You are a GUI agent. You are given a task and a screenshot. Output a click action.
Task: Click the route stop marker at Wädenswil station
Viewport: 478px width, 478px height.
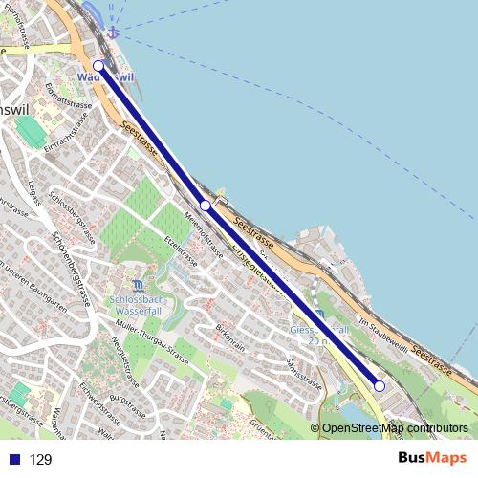pos(98,66)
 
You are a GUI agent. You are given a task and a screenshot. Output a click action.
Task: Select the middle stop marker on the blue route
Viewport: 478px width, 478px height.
pos(205,206)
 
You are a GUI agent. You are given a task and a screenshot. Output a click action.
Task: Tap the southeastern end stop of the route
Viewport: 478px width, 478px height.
pos(379,386)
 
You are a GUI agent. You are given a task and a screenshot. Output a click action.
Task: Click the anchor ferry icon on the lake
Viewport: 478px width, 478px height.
pos(113,33)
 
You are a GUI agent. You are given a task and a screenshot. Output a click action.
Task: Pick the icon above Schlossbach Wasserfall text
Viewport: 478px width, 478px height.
pos(141,285)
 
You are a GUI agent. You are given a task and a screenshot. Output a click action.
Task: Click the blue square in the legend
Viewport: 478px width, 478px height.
pos(13,460)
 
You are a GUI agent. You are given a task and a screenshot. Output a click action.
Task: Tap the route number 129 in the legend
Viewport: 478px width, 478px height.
pos(40,460)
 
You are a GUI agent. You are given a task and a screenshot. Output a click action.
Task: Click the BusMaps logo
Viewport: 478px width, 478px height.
pos(432,458)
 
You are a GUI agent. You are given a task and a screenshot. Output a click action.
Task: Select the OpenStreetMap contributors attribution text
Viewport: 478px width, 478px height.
pos(395,428)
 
